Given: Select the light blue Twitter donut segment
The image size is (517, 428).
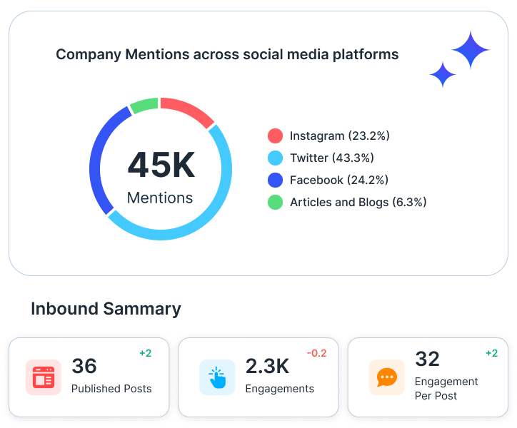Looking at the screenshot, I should point(207,207).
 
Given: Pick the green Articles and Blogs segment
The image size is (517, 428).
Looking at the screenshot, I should point(144,106).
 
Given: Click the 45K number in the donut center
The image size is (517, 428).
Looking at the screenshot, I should point(161,165).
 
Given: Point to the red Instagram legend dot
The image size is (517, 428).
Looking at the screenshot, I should point(275,136).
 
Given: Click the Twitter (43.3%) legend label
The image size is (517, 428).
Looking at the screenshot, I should point(331,158).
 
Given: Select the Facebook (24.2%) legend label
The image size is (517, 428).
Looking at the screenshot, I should point(338,180).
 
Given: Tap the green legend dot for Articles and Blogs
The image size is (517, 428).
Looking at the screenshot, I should point(275,202).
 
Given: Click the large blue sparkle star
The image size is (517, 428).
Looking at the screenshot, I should point(471,50).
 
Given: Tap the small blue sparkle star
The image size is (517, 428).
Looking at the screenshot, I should point(443,74).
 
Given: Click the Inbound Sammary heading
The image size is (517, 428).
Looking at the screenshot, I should point(106,309).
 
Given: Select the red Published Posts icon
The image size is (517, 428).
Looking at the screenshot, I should point(43,377).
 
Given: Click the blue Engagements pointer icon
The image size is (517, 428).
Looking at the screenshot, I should point(217,377).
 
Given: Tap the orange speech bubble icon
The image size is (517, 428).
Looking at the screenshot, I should point(386,377).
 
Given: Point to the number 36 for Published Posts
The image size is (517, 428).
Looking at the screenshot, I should point(84,366).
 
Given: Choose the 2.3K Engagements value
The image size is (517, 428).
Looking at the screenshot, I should point(267,366).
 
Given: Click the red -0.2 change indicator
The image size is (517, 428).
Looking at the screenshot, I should point(317,353).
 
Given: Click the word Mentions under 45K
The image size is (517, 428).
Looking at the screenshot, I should point(160,198).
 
